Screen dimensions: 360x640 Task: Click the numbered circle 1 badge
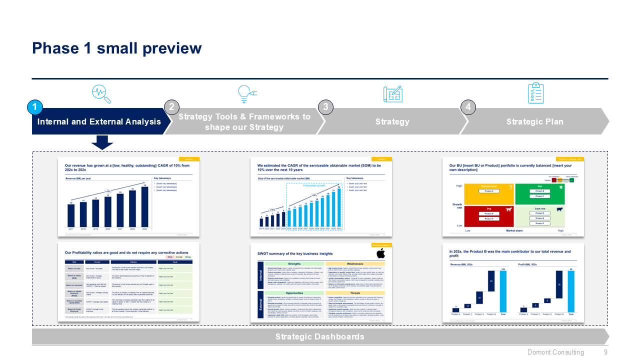pos(35,107)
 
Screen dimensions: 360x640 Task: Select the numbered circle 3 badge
pos(325,107)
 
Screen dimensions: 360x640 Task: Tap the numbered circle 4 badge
pos(468,107)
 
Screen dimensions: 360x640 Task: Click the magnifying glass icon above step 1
pos(101,93)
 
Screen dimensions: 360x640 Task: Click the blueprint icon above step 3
pos(392,93)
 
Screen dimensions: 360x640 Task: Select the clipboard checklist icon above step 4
pos(535,93)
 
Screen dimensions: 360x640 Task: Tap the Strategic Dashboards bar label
pos(320,336)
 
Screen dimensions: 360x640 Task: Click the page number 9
pos(605,352)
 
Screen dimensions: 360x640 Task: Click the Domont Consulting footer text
pos(555,352)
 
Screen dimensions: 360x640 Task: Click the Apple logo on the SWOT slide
pos(380,254)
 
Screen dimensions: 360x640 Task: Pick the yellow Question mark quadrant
pos(489,194)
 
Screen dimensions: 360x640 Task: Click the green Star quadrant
pos(539,194)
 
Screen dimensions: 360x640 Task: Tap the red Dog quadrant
pos(489,216)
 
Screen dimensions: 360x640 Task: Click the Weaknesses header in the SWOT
pos(355,263)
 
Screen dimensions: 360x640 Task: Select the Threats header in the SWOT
pos(355,293)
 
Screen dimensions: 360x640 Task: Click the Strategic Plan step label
pos(534,121)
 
